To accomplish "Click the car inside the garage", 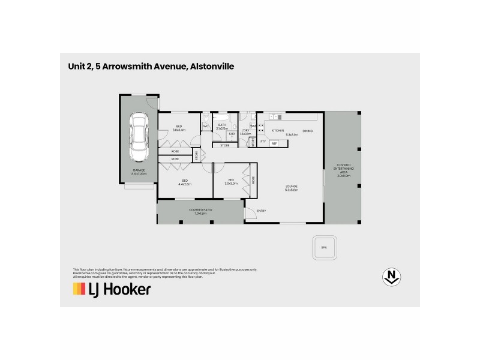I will (139, 137).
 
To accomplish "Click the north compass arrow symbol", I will (392, 277).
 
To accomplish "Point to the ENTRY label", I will (262, 211).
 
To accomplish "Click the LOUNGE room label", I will (291, 188).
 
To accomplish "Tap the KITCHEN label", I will (277, 130).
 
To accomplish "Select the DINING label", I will (307, 130).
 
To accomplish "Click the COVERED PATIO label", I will (197, 211).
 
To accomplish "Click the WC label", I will (205, 127).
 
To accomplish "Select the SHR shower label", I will (231, 134).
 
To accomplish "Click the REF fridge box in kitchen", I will (274, 143).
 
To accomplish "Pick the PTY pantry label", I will (263, 142).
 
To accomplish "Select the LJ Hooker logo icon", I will (80, 289).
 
